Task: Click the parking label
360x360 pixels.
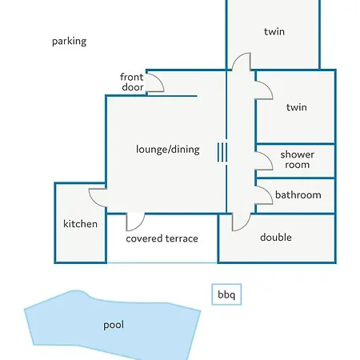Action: pyautogui.click(x=69, y=42)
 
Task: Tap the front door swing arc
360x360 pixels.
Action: pyautogui.click(x=161, y=81)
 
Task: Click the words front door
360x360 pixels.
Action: pyautogui.click(x=132, y=82)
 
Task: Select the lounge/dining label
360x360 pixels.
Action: pyautogui.click(x=168, y=150)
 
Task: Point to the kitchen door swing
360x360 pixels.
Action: pyautogui.click(x=93, y=201)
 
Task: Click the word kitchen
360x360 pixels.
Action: pyautogui.click(x=80, y=224)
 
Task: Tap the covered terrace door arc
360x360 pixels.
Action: pyautogui.click(x=141, y=225)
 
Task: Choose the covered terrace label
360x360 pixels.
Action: pyautogui.click(x=162, y=238)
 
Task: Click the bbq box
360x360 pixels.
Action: pyautogui.click(x=226, y=294)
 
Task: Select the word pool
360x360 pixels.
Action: pyautogui.click(x=114, y=325)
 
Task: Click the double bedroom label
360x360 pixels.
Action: pyautogui.click(x=276, y=237)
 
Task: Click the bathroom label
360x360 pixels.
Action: pyautogui.click(x=298, y=195)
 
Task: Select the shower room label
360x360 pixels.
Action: pyautogui.click(x=297, y=159)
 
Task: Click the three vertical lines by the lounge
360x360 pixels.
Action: pyautogui.click(x=222, y=152)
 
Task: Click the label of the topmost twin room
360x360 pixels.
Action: pyautogui.click(x=274, y=32)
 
